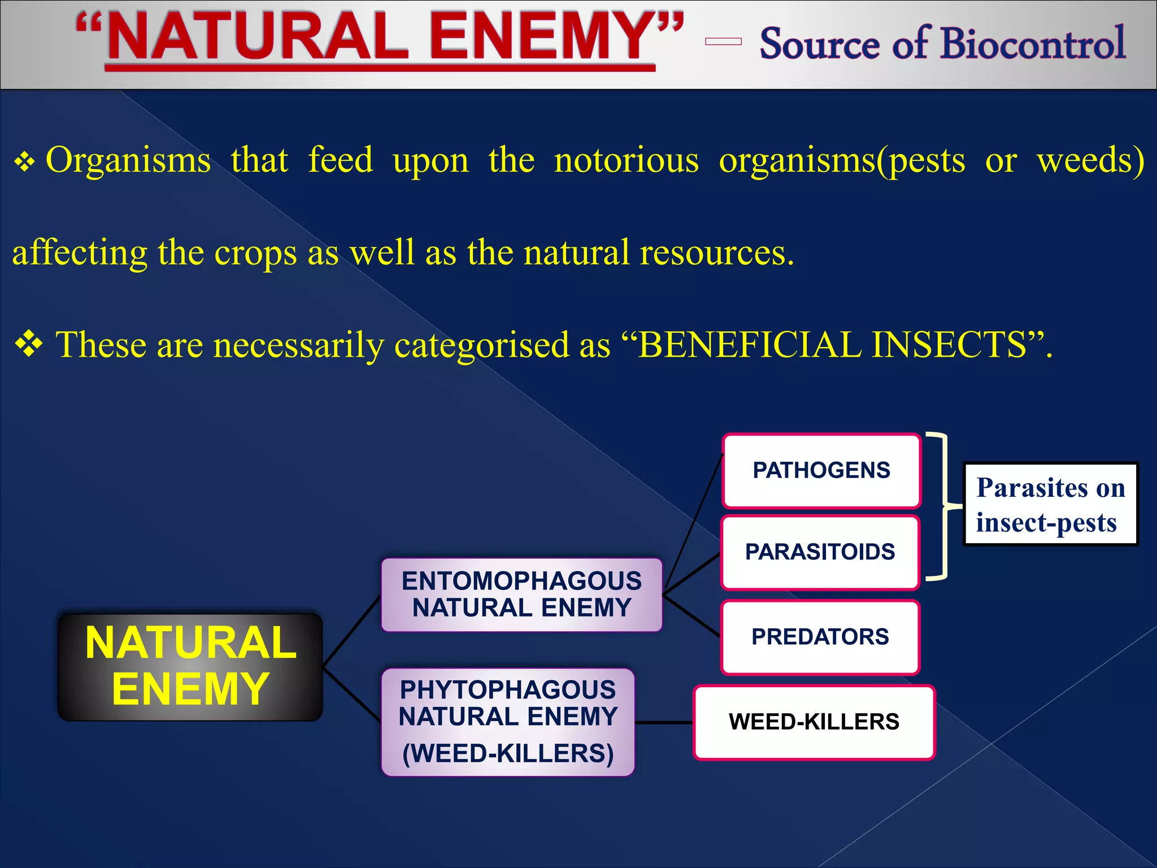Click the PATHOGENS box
click(x=821, y=471)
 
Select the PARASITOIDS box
click(x=820, y=552)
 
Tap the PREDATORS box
click(x=820, y=637)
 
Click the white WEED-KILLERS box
click(x=814, y=722)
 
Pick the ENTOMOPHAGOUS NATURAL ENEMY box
click(x=521, y=594)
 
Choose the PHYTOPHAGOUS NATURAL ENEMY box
click(x=508, y=722)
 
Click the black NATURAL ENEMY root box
click(x=190, y=667)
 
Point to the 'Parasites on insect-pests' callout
click(x=1050, y=504)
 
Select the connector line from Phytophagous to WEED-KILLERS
click(x=664, y=722)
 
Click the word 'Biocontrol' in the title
click(x=1033, y=44)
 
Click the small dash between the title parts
click(x=723, y=41)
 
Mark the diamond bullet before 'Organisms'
click(x=25, y=162)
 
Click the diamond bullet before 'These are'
click(x=29, y=344)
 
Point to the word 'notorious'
click(x=626, y=160)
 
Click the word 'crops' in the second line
click(x=255, y=253)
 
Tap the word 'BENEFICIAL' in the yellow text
click(x=749, y=345)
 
